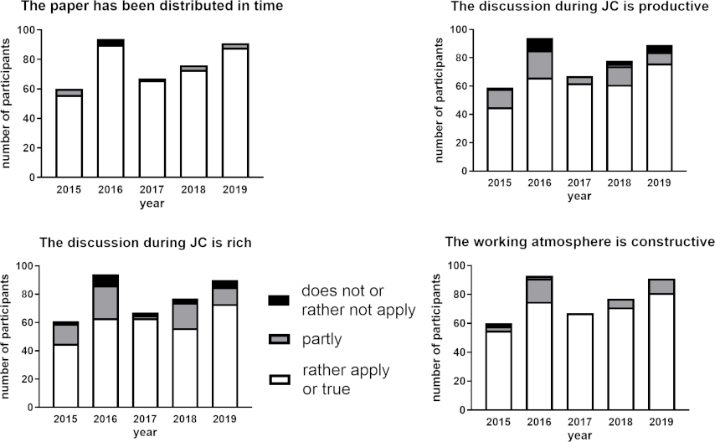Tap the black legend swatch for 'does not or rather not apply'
[279, 300]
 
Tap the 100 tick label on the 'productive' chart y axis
[459, 29]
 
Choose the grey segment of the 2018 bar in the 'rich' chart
[186, 316]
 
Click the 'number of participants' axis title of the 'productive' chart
[440, 100]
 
